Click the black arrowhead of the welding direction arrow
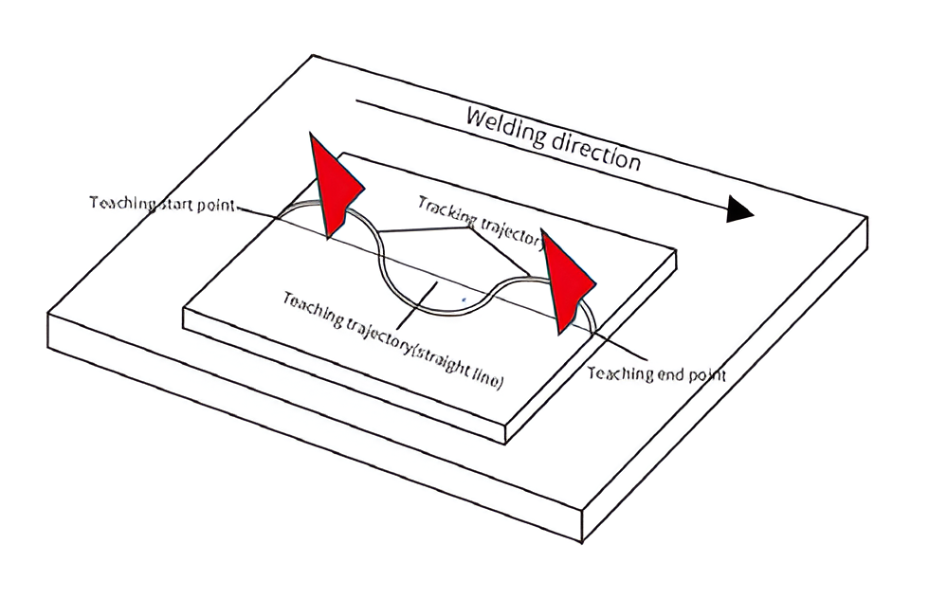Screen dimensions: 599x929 click(x=740, y=210)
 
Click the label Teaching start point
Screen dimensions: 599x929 click(x=161, y=204)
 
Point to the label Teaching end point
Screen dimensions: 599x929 click(x=657, y=373)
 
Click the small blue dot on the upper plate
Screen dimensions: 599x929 click(x=464, y=299)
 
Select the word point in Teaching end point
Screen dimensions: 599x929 click(x=706, y=375)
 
